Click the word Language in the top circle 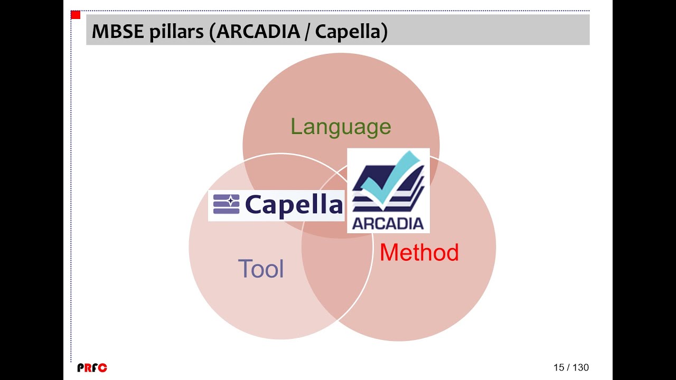[x=341, y=127]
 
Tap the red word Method [x=419, y=253]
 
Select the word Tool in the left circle [x=261, y=269]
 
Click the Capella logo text [x=294, y=205]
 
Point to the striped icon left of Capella [x=226, y=204]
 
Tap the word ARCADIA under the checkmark [x=388, y=223]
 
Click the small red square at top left [x=75, y=15]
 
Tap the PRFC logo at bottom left [x=92, y=368]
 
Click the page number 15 [x=559, y=367]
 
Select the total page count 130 [x=580, y=367]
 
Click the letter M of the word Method [x=389, y=253]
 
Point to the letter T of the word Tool [x=245, y=269]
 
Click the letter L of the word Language [x=296, y=127]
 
